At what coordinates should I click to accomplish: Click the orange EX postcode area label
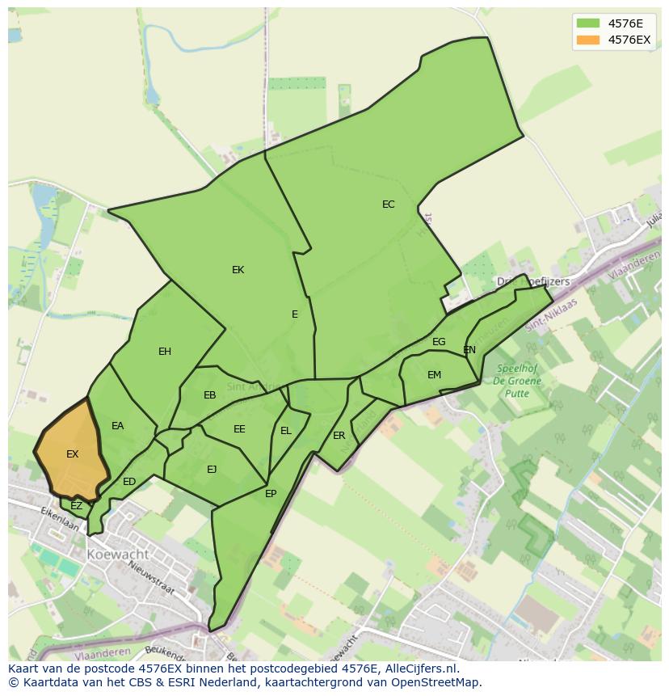tap(72, 454)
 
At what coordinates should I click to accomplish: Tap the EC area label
tap(389, 205)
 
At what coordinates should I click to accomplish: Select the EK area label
tap(238, 270)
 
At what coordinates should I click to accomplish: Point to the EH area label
tap(165, 352)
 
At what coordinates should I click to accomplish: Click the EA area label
tap(118, 426)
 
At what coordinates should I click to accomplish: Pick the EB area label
tap(210, 395)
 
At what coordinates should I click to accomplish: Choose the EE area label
tap(239, 429)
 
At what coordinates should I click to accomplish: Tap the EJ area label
tap(212, 470)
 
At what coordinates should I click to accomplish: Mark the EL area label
tap(286, 431)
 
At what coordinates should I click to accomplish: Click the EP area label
tap(271, 494)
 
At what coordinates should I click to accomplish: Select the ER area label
tap(339, 436)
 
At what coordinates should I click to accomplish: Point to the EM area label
tap(435, 375)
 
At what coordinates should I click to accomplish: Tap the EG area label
tap(439, 342)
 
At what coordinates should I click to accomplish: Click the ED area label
tap(129, 482)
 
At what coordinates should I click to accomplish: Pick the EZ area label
tap(77, 506)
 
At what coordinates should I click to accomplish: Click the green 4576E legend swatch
tap(588, 23)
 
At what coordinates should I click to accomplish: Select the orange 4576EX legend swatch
tap(588, 40)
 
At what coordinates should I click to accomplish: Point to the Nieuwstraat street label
tap(152, 578)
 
